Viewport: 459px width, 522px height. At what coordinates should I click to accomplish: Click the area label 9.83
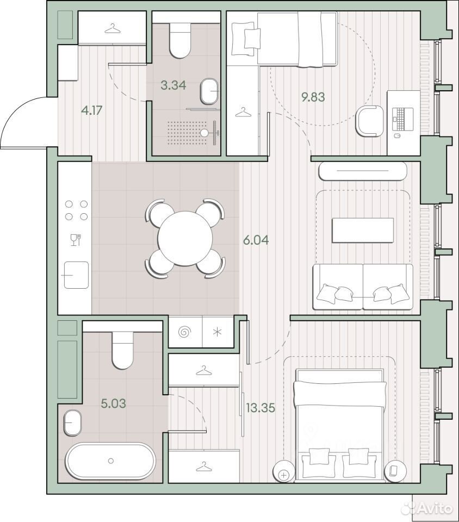pyautogui.click(x=313, y=97)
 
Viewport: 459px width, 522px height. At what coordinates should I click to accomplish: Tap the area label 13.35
pyautogui.click(x=260, y=407)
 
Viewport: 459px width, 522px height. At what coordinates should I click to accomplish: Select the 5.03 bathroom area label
pyautogui.click(x=114, y=403)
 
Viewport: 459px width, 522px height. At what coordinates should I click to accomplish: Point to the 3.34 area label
pyautogui.click(x=173, y=85)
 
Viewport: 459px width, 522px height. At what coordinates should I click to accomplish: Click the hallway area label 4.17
pyautogui.click(x=92, y=110)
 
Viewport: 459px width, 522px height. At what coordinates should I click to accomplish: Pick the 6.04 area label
pyautogui.click(x=256, y=240)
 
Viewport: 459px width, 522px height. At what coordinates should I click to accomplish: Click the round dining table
pyautogui.click(x=185, y=238)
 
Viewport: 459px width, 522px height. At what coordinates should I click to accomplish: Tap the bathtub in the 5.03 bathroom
pyautogui.click(x=111, y=461)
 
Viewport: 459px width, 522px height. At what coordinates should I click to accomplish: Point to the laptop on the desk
pyautogui.click(x=402, y=119)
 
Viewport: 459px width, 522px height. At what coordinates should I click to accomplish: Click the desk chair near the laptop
pyautogui.click(x=370, y=121)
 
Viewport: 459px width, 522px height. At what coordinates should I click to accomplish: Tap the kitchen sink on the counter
pyautogui.click(x=76, y=275)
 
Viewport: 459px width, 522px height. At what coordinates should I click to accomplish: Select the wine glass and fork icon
pyautogui.click(x=76, y=240)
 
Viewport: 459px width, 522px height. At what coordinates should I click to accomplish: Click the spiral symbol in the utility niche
pyautogui.click(x=185, y=332)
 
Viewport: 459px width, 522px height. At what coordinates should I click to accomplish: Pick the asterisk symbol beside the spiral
pyautogui.click(x=217, y=332)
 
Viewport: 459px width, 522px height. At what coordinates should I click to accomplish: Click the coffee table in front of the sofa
pyautogui.click(x=363, y=231)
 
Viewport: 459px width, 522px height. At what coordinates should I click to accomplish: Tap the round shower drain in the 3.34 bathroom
pyautogui.click(x=203, y=133)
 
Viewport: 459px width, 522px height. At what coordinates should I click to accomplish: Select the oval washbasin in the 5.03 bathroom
pyautogui.click(x=72, y=422)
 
